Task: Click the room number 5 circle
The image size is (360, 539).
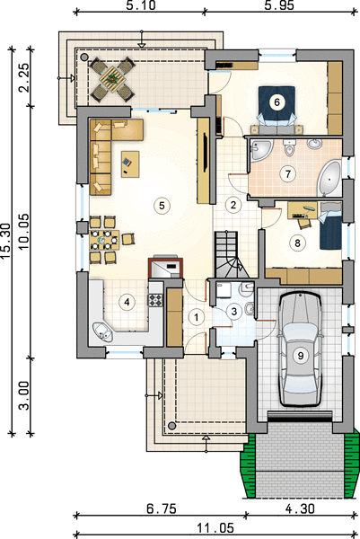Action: click(x=162, y=206)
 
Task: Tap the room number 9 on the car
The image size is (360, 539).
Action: click(x=301, y=355)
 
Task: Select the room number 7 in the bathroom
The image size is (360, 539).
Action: click(x=288, y=173)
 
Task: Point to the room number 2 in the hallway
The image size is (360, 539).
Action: click(x=233, y=205)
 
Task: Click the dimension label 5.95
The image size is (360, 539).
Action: click(x=279, y=5)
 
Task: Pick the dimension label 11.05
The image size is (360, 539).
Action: click(x=215, y=527)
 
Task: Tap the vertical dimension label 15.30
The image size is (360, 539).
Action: click(x=6, y=240)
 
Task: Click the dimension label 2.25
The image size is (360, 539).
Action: click(x=24, y=77)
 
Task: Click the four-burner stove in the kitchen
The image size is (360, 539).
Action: click(x=155, y=300)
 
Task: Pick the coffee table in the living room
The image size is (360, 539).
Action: click(x=130, y=164)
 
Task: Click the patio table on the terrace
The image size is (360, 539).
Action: click(x=112, y=79)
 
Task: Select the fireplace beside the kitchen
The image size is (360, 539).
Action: click(x=165, y=267)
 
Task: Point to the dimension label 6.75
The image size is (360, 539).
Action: click(x=161, y=508)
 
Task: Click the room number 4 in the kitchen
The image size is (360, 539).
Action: click(x=127, y=302)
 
